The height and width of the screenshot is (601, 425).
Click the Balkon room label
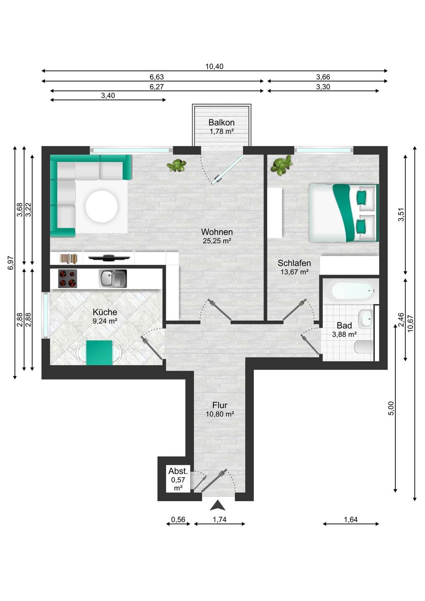tap(221, 123)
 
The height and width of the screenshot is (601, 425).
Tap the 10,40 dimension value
tap(214, 66)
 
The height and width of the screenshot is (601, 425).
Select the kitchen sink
tap(112, 278)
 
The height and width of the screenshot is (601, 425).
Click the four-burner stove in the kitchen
tap(68, 278)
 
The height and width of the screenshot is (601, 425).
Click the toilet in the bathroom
tap(364, 347)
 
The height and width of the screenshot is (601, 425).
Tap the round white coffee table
tap(101, 206)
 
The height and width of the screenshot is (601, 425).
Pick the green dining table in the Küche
tap(99, 353)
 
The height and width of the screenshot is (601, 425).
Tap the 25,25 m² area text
tap(217, 241)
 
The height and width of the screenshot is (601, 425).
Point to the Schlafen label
tap(294, 263)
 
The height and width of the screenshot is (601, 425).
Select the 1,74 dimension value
tap(220, 520)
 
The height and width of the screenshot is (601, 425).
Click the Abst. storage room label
tap(178, 471)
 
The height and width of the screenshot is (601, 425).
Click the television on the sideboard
tap(109, 258)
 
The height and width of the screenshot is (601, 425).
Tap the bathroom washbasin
tap(365, 319)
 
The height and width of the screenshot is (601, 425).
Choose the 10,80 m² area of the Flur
tap(220, 414)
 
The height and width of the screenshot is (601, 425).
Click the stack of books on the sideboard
tap(69, 258)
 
